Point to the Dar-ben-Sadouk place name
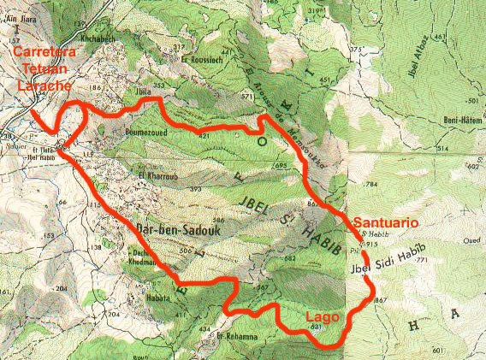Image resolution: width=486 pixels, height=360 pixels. (169, 229)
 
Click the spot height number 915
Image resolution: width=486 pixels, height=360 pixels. (370, 245)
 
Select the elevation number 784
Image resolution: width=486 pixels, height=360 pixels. (370, 184)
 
